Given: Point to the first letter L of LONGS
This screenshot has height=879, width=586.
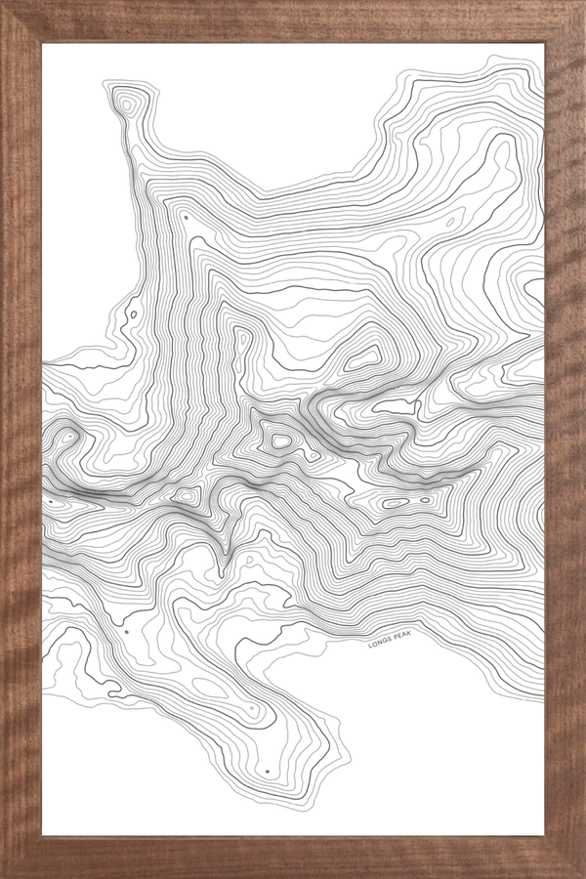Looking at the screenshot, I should coord(370,645).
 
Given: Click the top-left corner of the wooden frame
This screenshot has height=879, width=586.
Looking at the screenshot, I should coord(2,2).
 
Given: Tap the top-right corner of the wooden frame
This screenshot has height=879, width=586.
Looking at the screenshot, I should coord(583,2).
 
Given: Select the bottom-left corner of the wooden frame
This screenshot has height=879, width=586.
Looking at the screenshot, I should coord(2,876).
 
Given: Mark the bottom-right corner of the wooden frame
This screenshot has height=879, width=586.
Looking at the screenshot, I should coord(583,876).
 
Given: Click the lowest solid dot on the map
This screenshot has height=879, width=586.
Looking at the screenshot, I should coord(267,772).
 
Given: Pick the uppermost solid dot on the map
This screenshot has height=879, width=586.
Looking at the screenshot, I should coord(186,218).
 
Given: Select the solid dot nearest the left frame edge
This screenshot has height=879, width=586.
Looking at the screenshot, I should coord(51,503).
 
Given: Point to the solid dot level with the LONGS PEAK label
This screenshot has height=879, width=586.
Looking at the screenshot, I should coord(126,632).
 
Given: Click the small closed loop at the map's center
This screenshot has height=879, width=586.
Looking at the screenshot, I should coord(281,441).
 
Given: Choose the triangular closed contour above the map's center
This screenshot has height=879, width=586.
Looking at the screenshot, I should coord(362,356).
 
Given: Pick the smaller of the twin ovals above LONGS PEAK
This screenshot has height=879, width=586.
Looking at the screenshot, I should coord(425,500).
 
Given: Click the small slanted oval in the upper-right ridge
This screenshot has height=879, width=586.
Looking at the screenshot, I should coord(450,222).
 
